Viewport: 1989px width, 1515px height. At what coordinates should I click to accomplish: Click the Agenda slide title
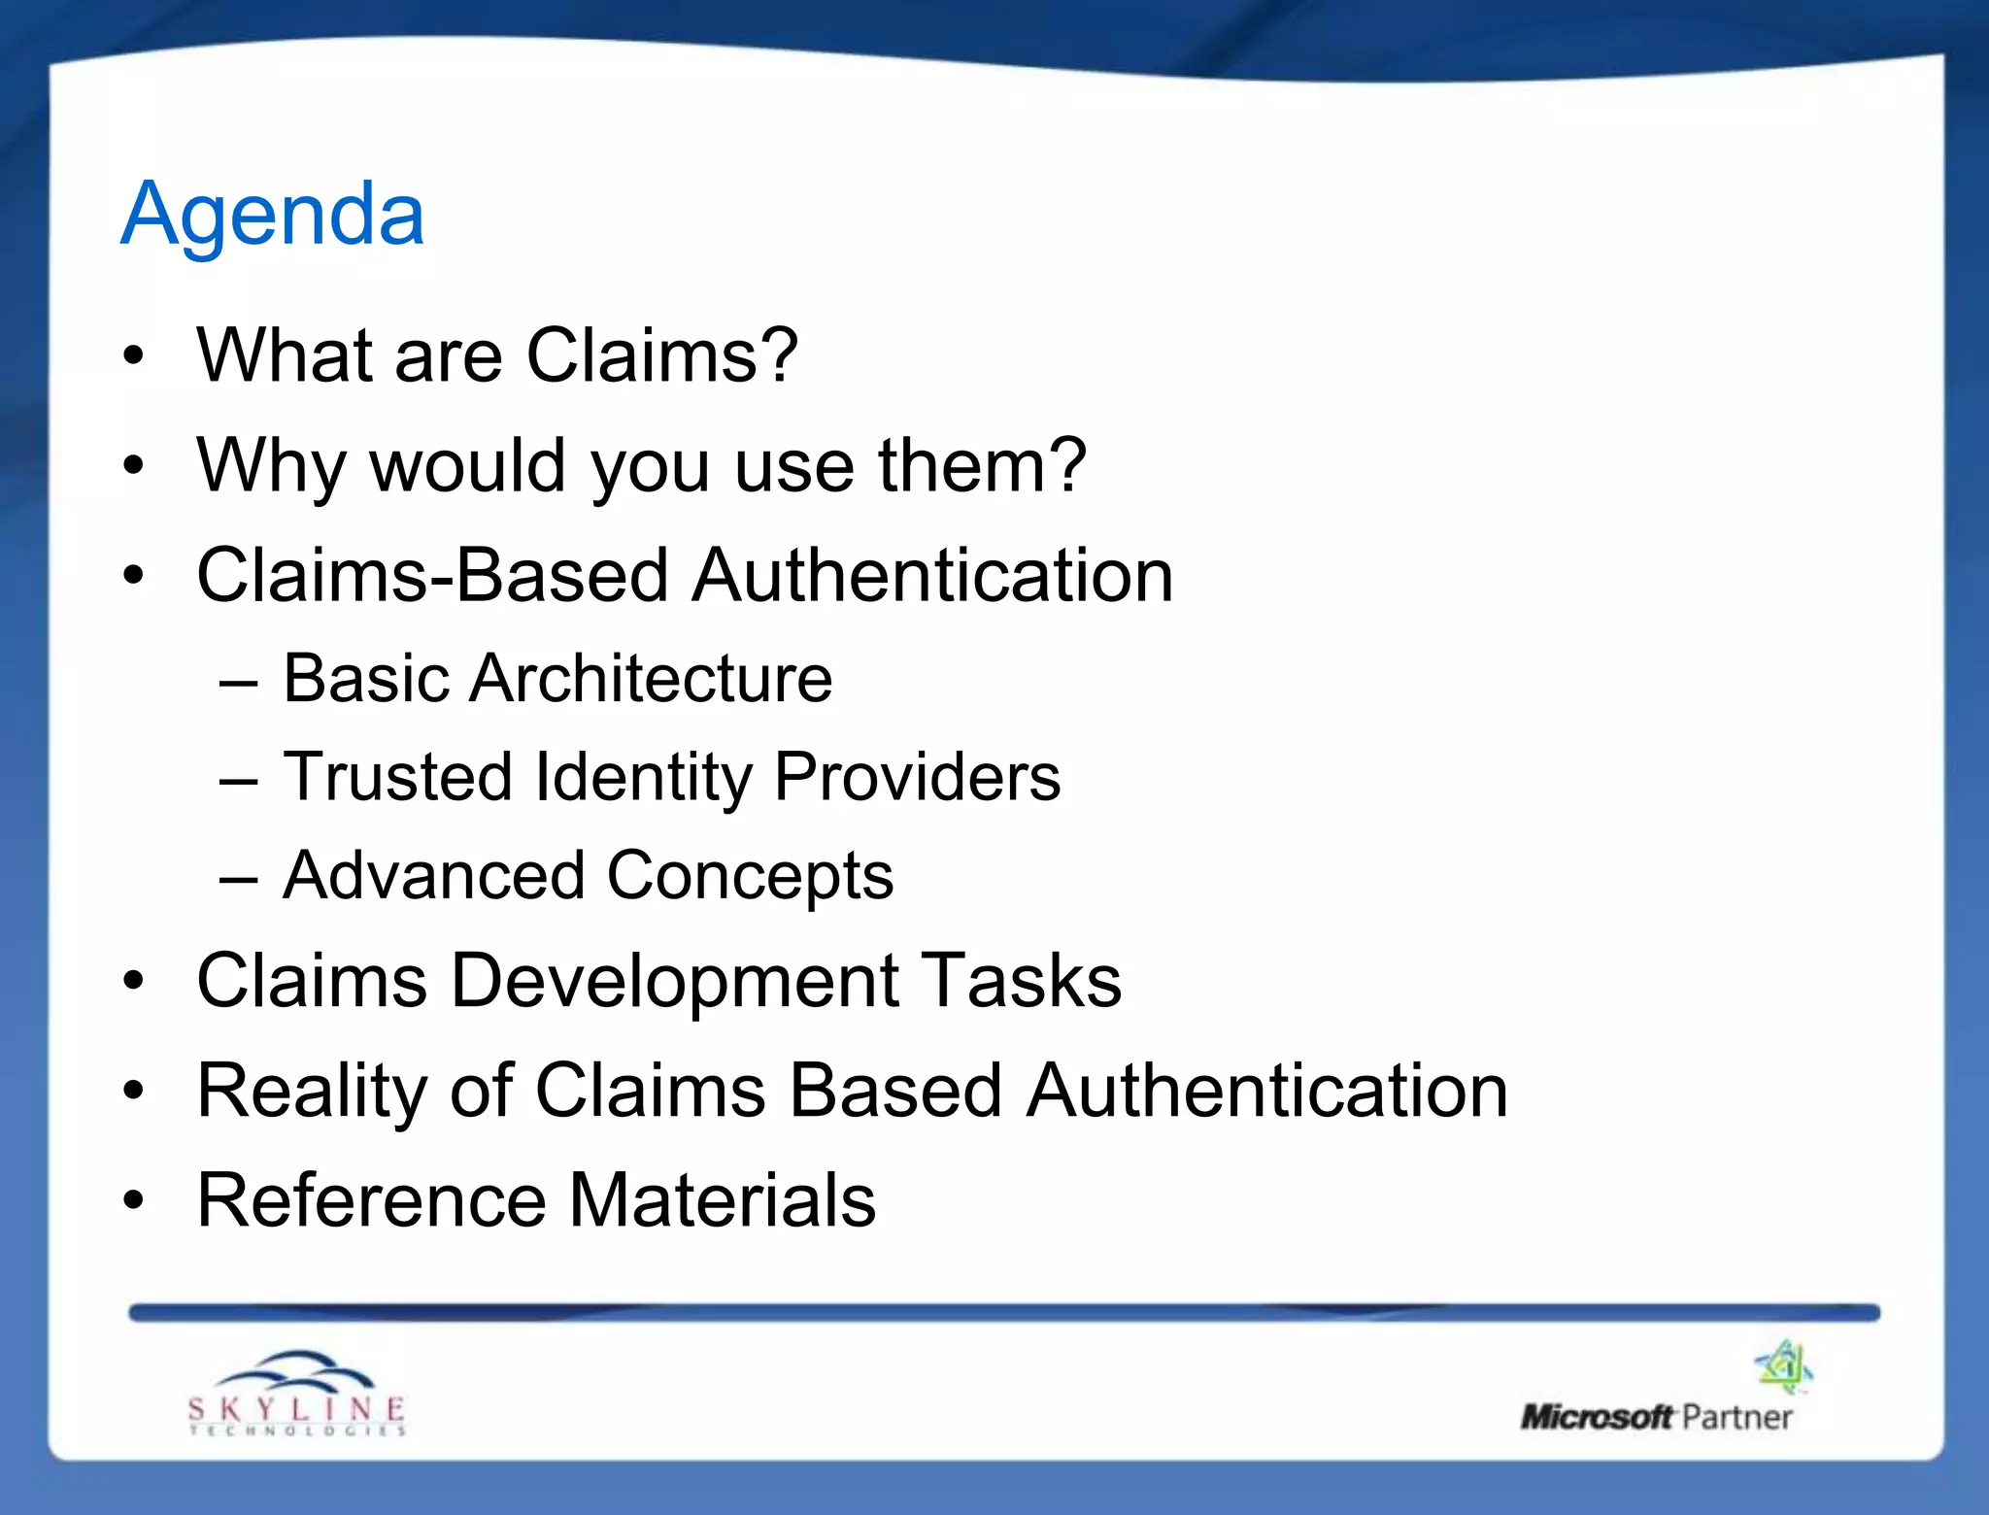coord(273,215)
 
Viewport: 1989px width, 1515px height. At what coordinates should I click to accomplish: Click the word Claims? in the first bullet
coord(662,355)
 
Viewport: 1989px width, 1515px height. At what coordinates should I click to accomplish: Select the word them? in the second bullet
coord(982,466)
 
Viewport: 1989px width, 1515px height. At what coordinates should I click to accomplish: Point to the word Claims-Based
coord(433,575)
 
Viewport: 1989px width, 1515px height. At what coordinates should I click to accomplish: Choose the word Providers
coord(917,777)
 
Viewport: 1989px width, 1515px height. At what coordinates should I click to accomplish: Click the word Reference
coord(372,1200)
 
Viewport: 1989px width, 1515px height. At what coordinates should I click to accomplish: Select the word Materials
coord(722,1200)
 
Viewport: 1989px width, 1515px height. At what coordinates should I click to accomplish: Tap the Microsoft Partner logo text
coord(1656,1417)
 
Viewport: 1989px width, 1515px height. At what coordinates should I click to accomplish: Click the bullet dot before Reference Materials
coord(133,1201)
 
